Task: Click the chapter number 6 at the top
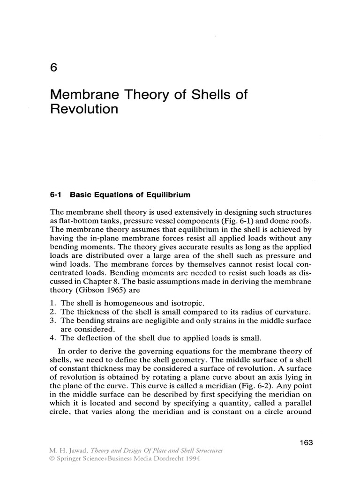tap(53, 67)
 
